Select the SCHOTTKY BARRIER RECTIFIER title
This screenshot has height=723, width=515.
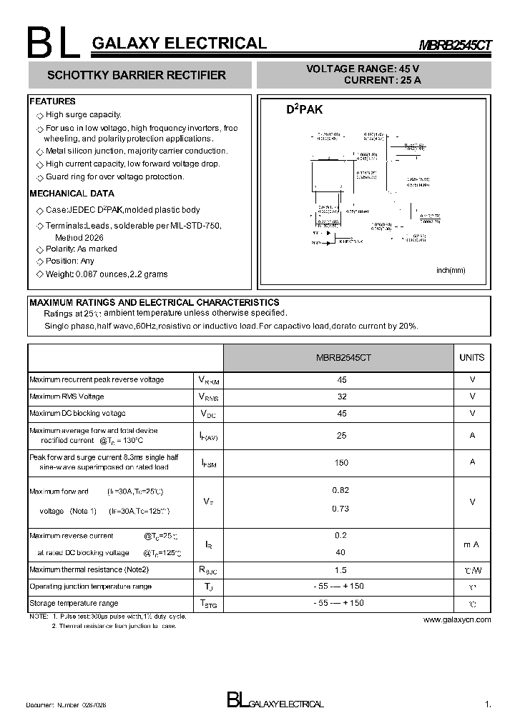pyautogui.click(x=136, y=75)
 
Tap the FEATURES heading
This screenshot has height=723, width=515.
pyautogui.click(x=52, y=101)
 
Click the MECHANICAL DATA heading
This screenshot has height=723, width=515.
pyautogui.click(x=72, y=194)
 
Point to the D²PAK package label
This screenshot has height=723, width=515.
pyautogui.click(x=304, y=110)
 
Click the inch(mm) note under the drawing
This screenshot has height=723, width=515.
pyautogui.click(x=451, y=270)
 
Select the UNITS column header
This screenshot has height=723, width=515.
pyautogui.click(x=471, y=357)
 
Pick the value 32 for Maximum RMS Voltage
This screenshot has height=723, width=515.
pyautogui.click(x=341, y=397)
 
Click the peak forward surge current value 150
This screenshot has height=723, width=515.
pyautogui.click(x=341, y=463)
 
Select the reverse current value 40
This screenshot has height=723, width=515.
pyautogui.click(x=340, y=552)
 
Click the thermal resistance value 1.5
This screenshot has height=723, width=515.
pyautogui.click(x=340, y=570)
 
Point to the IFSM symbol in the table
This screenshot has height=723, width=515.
pyautogui.click(x=208, y=463)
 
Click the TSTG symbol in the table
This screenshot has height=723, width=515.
pyautogui.click(x=208, y=604)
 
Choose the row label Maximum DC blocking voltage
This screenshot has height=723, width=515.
pyautogui.click(x=77, y=414)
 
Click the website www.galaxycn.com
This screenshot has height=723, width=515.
pyautogui.click(x=457, y=619)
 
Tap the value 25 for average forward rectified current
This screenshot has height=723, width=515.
pyautogui.click(x=341, y=435)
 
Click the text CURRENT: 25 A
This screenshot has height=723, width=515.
pyautogui.click(x=382, y=81)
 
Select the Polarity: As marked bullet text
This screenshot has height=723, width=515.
pyautogui.click(x=81, y=249)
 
